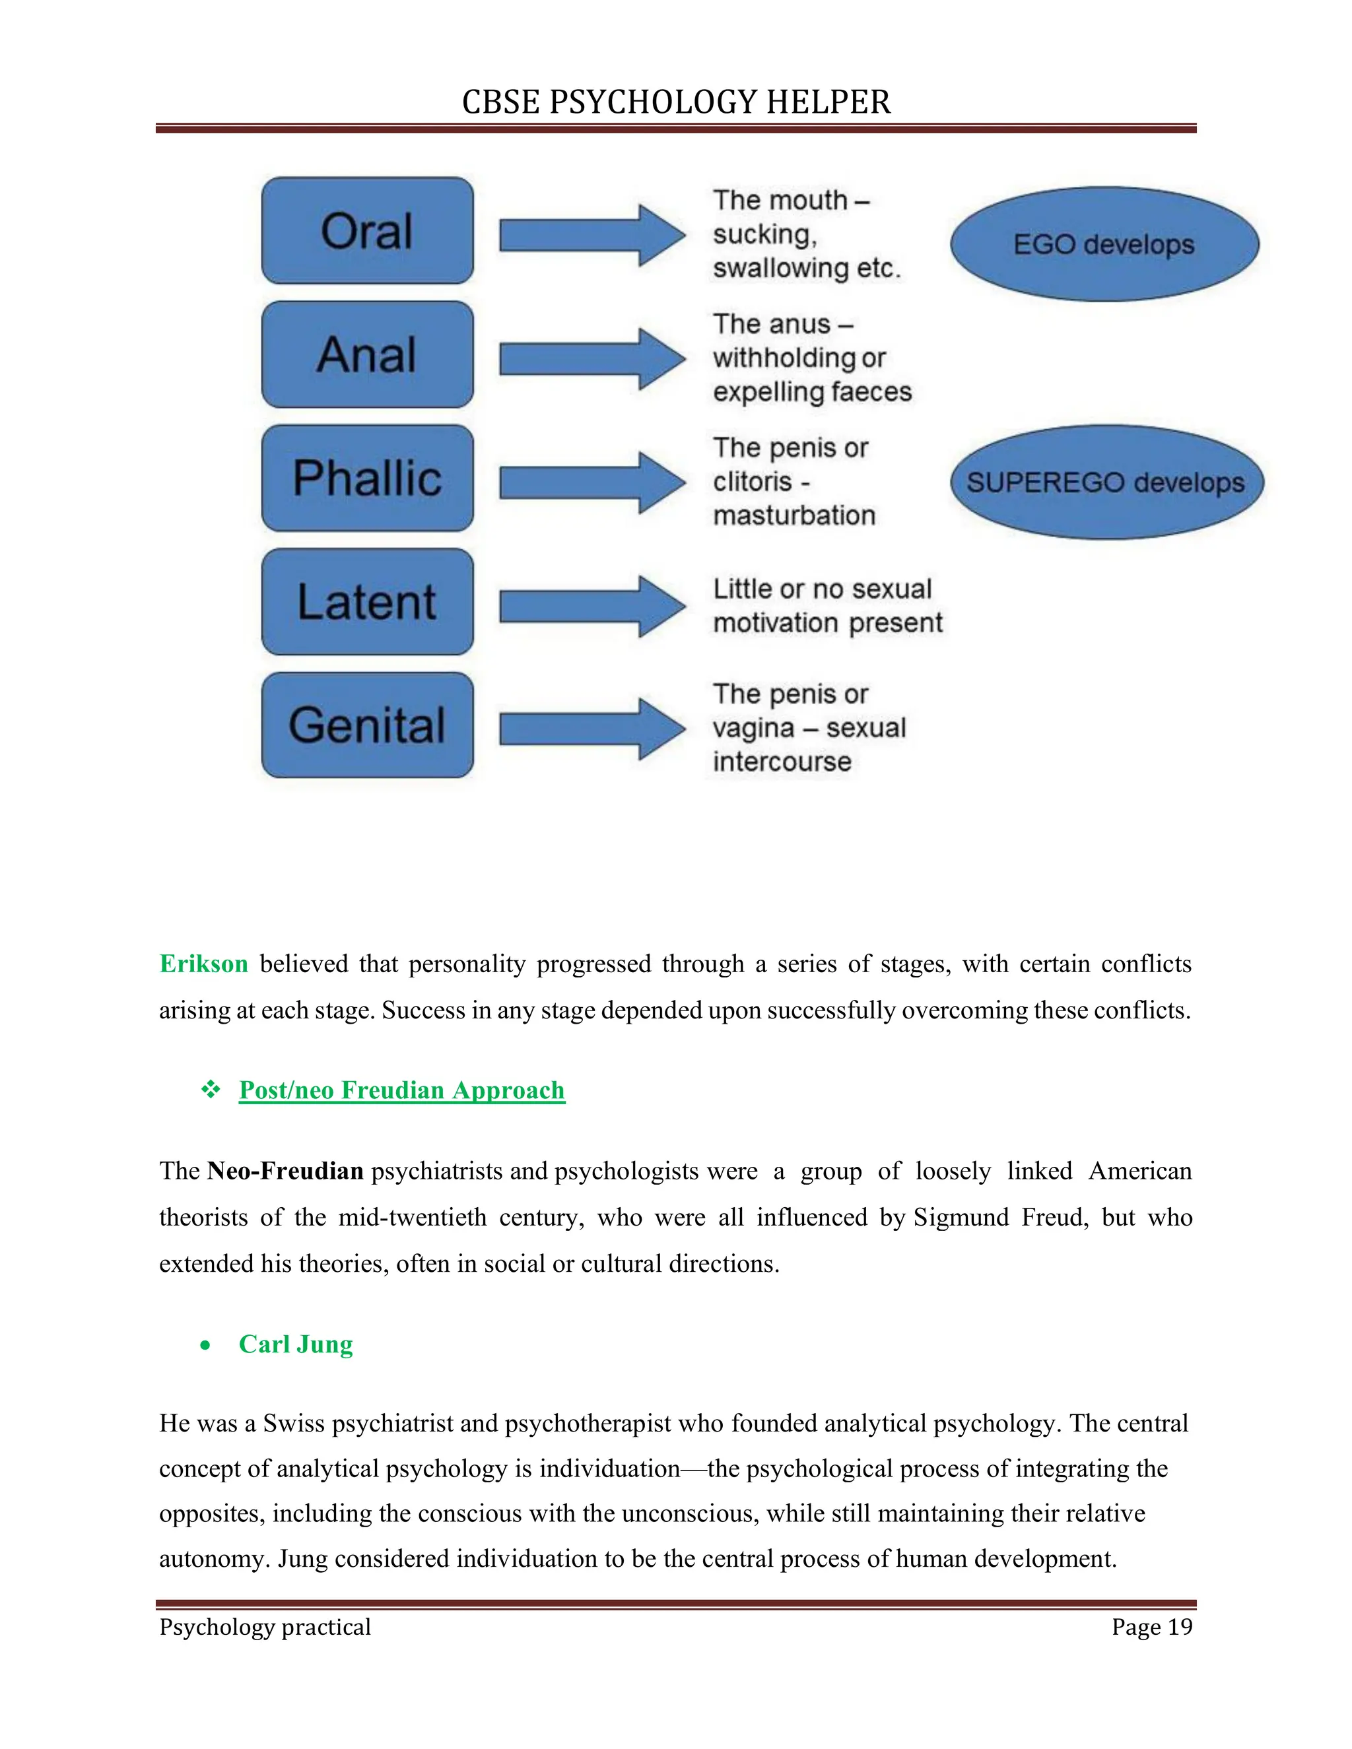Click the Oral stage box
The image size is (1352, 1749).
tap(367, 230)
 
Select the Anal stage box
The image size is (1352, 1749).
tap(367, 354)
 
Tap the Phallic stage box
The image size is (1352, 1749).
tap(367, 478)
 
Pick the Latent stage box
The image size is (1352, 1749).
tap(367, 601)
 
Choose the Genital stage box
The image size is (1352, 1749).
tap(367, 725)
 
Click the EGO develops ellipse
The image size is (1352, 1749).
tap(1104, 244)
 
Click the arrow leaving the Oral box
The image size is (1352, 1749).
tap(591, 236)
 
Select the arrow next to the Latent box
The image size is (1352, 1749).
tap(591, 607)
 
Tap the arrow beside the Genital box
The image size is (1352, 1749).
tap(591, 729)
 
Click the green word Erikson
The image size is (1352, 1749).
tap(203, 964)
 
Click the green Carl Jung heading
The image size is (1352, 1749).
tap(296, 1344)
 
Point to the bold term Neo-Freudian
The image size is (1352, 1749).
tap(285, 1171)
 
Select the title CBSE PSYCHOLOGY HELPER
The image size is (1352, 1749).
tap(676, 102)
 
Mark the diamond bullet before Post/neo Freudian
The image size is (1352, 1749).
tap(211, 1089)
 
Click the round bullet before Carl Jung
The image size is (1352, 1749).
tap(206, 1345)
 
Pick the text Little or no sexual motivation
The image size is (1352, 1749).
tap(827, 605)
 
